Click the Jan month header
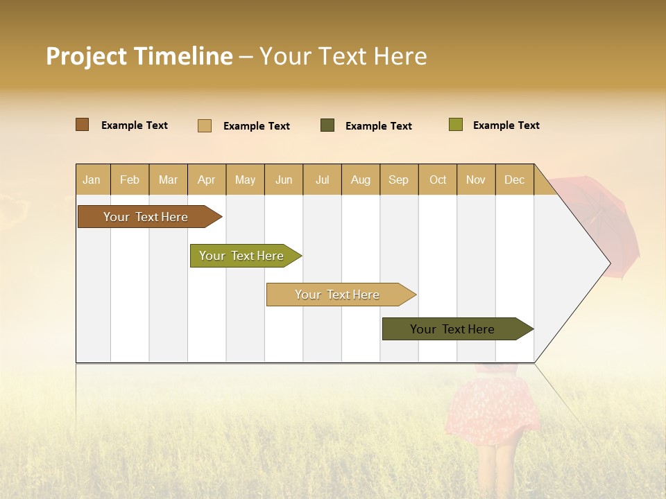click(x=92, y=180)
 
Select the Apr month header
click(x=206, y=180)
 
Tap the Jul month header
click(x=322, y=180)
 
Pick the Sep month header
click(x=398, y=180)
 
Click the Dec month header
click(x=514, y=180)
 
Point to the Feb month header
click(x=130, y=180)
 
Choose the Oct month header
click(x=438, y=180)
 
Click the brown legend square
click(x=83, y=125)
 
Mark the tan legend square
click(x=205, y=125)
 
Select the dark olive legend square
click(x=327, y=125)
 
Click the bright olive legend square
click(x=456, y=125)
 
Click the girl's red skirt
click(x=495, y=405)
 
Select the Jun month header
click(x=284, y=180)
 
